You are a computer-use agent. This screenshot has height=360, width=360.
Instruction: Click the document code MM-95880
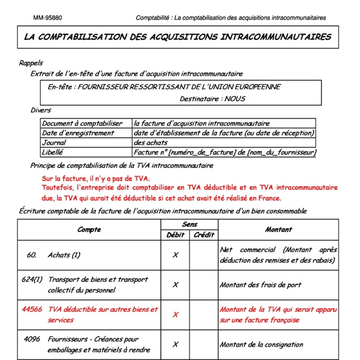pos(47,18)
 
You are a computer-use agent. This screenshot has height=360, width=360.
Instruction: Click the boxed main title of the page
pos(178,37)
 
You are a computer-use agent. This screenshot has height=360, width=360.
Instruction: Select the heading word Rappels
pos(31,63)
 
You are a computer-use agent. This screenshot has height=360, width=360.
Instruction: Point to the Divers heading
pos(41,110)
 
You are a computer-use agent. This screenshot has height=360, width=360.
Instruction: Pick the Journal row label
pos(54,143)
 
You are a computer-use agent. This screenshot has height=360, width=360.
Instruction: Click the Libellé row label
pos(53,152)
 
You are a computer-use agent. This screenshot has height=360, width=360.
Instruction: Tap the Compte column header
pos(89,230)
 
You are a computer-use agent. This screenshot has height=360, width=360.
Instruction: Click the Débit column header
pos(175,235)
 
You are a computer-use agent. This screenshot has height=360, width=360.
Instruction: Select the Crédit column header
pos(204,235)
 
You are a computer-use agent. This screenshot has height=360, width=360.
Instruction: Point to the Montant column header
pos(278,230)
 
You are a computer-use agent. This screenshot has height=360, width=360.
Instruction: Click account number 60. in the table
pos(32,254)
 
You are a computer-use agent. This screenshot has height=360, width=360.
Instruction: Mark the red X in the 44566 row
pos(175,314)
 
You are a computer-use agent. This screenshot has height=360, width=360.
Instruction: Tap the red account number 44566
pos(32,310)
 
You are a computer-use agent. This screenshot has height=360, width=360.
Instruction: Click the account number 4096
pos(32,340)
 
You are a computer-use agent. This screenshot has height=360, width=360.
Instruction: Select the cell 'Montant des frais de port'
pos(261,284)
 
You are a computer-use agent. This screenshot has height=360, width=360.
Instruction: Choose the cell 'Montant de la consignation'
pos(263,344)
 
